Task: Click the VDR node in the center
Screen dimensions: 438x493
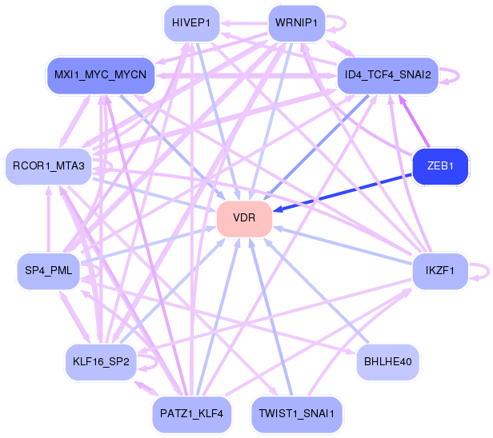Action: click(244, 218)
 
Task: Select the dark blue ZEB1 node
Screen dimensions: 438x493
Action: click(439, 165)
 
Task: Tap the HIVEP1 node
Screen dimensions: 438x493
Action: click(190, 24)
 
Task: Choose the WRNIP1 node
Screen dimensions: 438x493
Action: click(296, 24)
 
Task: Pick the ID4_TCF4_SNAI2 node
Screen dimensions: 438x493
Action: click(387, 75)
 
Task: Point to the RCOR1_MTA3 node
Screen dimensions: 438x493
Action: click(49, 165)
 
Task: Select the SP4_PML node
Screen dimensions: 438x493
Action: click(49, 271)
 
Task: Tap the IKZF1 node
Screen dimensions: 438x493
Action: click(439, 271)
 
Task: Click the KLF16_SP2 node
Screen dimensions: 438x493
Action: click(101, 361)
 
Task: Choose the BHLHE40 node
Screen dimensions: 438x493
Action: click(387, 361)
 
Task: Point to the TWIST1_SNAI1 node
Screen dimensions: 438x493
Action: click(296, 413)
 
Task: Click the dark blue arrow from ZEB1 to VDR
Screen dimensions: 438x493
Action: click(344, 191)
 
